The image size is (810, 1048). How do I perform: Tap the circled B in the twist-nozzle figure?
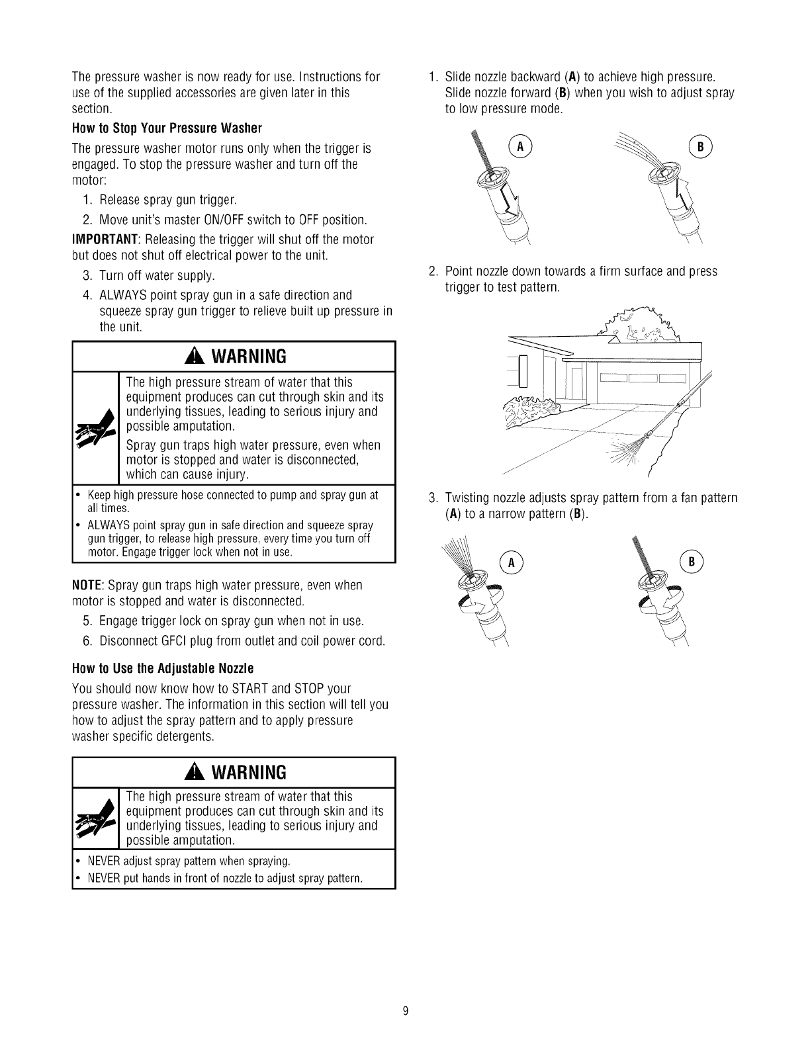pos(690,563)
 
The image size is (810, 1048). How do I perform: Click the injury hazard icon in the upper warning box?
pos(95,429)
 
